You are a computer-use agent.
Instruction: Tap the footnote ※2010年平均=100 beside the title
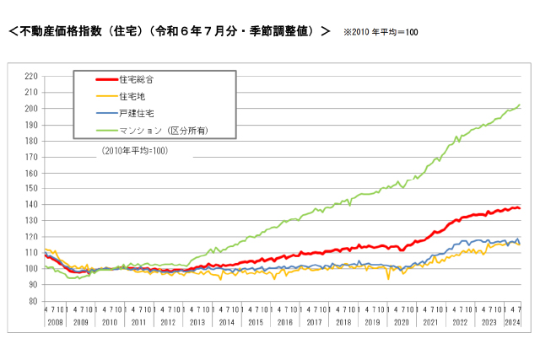381,32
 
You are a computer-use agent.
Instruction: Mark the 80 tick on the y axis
32,301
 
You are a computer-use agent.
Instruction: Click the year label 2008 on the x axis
53,322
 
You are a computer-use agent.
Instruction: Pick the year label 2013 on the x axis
197,322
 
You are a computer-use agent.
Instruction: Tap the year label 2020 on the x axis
400,322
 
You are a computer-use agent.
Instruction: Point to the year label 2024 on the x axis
511,322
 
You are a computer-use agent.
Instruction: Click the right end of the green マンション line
519,105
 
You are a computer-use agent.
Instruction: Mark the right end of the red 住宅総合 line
519,208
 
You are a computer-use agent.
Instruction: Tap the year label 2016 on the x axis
284,322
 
